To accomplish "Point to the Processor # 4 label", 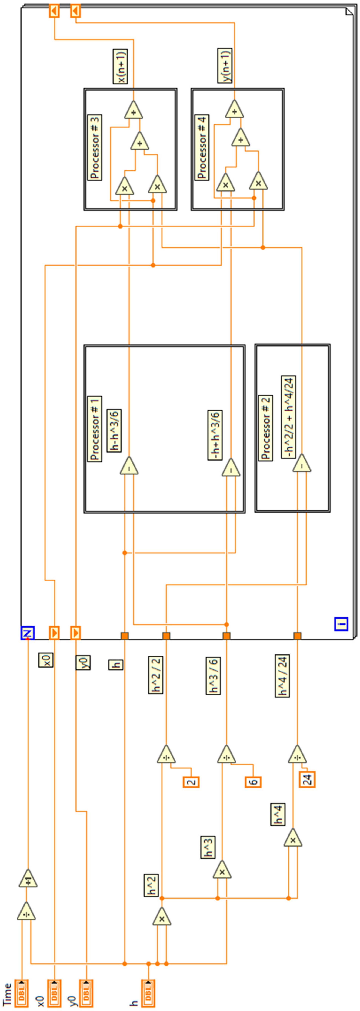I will click(x=202, y=147).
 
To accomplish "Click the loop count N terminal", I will click(x=28, y=633).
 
